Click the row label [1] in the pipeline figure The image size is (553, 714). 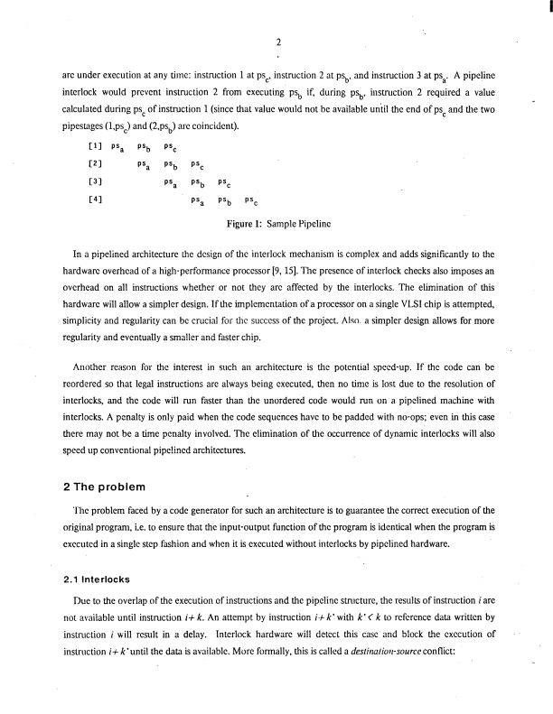pyautogui.click(x=91, y=145)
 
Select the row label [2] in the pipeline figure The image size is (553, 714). pyautogui.click(x=91, y=164)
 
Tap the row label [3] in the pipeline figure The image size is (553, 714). pyautogui.click(x=91, y=182)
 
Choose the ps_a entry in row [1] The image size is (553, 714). pyautogui.click(x=117, y=146)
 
